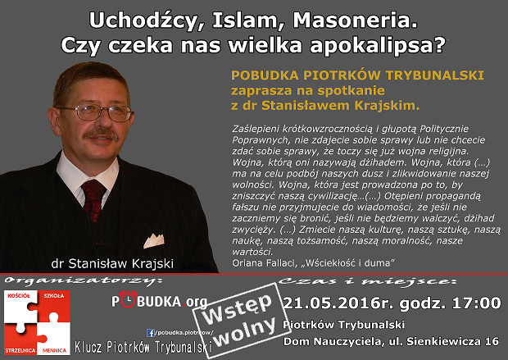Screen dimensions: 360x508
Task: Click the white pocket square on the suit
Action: [x=155, y=241]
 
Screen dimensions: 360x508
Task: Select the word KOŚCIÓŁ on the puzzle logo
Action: [x=17, y=294]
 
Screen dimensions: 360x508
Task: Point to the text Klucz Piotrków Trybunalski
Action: [x=143, y=347]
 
